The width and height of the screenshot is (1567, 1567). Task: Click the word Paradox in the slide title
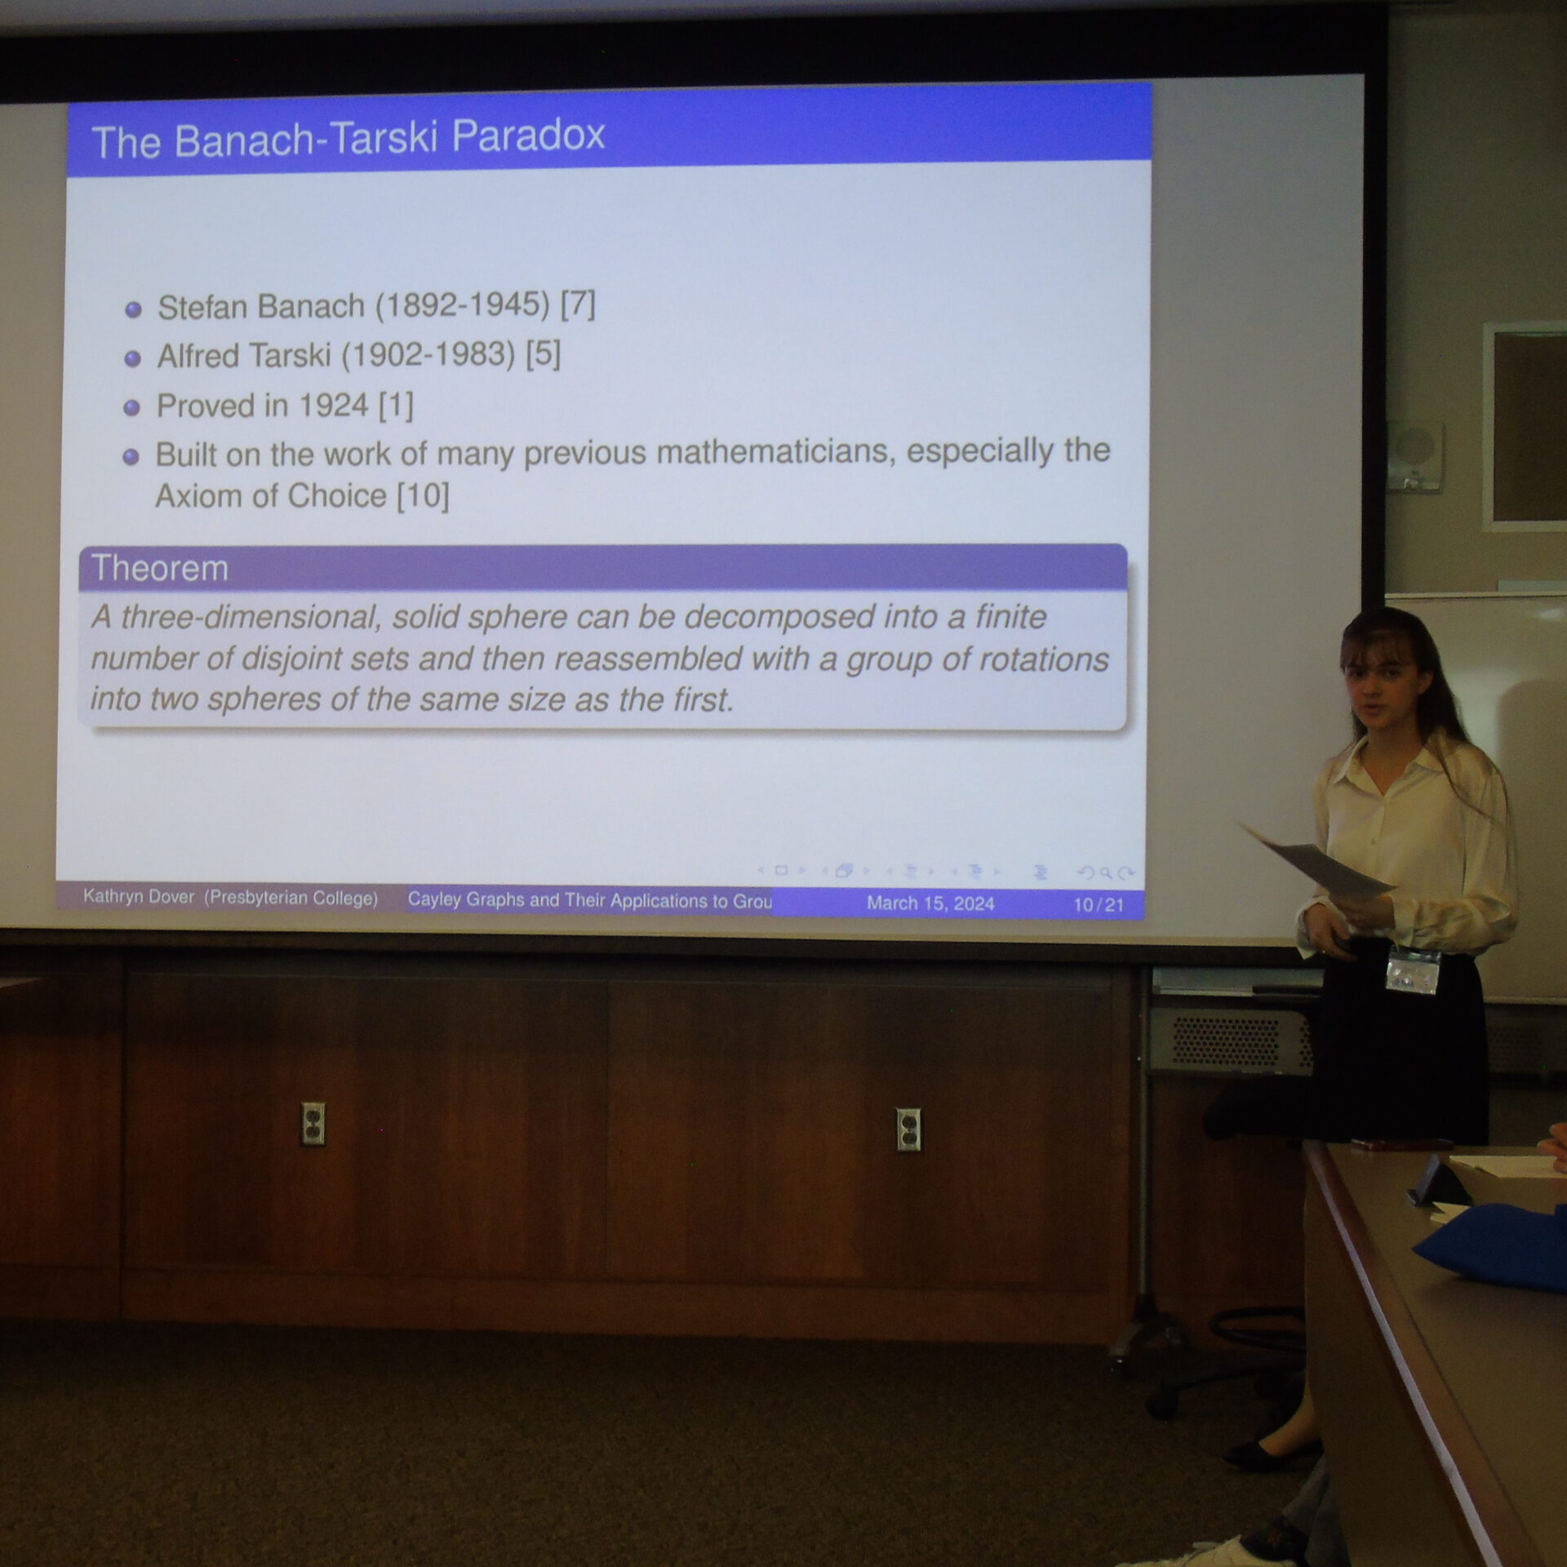tap(528, 135)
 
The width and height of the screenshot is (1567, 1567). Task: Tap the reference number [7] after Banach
tap(578, 304)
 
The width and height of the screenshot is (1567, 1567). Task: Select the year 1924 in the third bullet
tap(333, 406)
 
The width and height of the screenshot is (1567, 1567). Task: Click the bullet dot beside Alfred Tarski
tap(132, 358)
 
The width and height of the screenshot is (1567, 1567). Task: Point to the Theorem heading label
tap(160, 568)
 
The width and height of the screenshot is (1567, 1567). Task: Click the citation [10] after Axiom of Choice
tap(423, 495)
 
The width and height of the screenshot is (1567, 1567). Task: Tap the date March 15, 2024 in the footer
tap(930, 903)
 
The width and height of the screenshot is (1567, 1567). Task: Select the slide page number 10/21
tap(1099, 904)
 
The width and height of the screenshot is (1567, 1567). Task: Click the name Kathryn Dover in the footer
tap(139, 897)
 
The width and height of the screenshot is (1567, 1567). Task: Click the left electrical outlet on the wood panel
tap(313, 1124)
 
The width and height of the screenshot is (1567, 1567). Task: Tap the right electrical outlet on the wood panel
tap(908, 1130)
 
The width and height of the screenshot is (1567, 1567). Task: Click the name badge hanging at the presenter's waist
tap(1413, 971)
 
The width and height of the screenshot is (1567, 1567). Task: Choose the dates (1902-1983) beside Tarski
tap(428, 355)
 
